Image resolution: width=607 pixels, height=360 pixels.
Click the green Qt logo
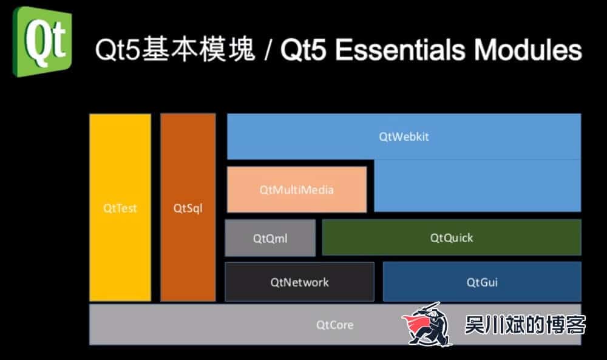pos(42,41)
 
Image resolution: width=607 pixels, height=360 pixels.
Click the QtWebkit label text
pos(404,137)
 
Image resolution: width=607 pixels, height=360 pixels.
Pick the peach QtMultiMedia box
pos(296,189)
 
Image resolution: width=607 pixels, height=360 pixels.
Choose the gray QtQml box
pos(270,238)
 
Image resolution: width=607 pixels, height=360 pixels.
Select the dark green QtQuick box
pos(451,237)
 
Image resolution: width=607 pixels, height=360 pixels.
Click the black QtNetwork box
pos(299,282)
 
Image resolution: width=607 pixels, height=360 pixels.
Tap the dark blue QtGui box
pos(482,282)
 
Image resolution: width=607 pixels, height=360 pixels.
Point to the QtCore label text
pos(334,325)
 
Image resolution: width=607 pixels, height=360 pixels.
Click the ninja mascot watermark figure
pos(429,324)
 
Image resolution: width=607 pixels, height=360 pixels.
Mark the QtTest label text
pos(120,208)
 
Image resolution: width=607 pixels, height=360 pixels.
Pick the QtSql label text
pos(188,208)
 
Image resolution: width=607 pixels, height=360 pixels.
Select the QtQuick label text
pos(451,237)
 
